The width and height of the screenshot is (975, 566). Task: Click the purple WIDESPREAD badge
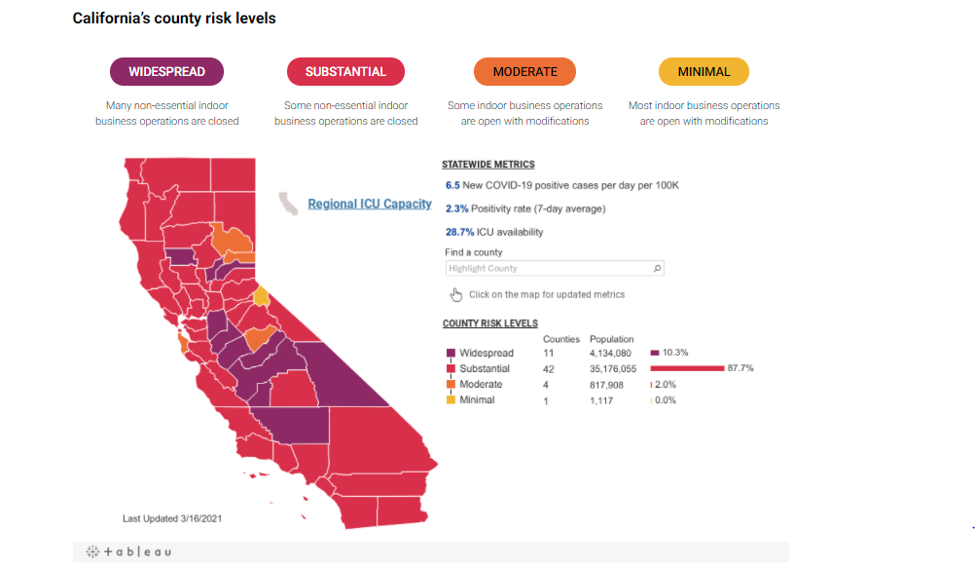coord(166,72)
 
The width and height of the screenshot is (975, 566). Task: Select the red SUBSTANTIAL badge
coord(345,72)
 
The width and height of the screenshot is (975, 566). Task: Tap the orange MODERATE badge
coord(524,72)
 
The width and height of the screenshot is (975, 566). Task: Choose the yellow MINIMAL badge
coord(704,72)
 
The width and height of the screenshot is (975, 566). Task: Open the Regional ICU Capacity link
coord(370,205)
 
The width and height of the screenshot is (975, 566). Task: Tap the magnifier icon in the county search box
coord(657,268)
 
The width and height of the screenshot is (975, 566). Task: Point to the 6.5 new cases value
coord(452,185)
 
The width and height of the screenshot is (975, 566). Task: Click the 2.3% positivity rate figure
coord(457,209)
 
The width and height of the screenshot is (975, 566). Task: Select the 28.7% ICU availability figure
coord(459,232)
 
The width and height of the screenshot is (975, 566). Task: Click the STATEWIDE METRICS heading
coord(488,165)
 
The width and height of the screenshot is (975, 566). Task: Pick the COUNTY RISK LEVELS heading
coord(490,323)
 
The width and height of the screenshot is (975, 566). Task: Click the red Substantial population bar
coord(687,368)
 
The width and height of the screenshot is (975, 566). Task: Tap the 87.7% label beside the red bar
coord(740,368)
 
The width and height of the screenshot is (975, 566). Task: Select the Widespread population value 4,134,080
coord(610,353)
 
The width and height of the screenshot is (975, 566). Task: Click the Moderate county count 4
coord(546,385)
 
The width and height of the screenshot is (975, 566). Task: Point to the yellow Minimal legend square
coord(451,399)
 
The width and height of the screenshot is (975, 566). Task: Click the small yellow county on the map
coord(261,296)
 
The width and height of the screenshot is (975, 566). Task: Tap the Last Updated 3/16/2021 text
coord(172,518)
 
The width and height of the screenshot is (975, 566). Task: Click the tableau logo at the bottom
coord(128,551)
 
